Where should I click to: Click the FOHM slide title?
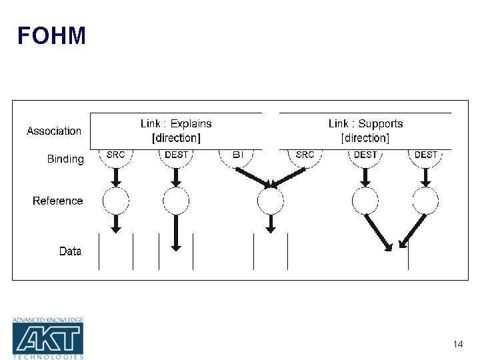[x=51, y=36]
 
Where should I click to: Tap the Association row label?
[x=54, y=131]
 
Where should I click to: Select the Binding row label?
[x=65, y=159]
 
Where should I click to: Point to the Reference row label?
[x=58, y=201]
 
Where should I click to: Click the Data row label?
[x=70, y=251]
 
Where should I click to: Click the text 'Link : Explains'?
[x=176, y=123]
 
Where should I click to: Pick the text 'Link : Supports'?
[x=365, y=123]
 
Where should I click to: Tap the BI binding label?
[x=238, y=155]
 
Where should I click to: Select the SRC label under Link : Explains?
[x=115, y=155]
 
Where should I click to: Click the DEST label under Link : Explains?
[x=176, y=155]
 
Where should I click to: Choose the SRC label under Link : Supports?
[x=305, y=155]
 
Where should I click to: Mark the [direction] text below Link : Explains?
[x=176, y=138]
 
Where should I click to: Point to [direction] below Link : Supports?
[x=365, y=138]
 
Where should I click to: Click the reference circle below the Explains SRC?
[x=115, y=200]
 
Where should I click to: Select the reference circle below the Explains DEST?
[x=176, y=200]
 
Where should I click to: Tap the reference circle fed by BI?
[x=270, y=200]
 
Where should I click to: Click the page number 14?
[x=457, y=344]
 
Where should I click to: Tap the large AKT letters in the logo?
[x=48, y=339]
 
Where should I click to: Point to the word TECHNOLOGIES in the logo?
[x=48, y=357]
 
